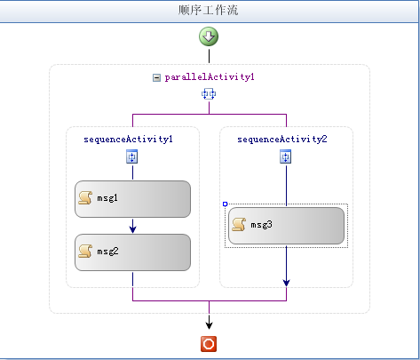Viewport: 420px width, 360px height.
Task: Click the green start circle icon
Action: [209, 36]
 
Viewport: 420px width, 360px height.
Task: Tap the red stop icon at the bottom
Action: [209, 344]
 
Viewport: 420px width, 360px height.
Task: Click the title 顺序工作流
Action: [208, 10]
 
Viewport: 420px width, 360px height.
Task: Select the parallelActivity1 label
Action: [210, 77]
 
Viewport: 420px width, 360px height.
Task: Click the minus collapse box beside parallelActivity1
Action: [156, 77]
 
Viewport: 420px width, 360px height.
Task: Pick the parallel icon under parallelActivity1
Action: [209, 94]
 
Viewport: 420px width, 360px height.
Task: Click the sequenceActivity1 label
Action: [128, 140]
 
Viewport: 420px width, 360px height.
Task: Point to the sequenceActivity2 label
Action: [282, 140]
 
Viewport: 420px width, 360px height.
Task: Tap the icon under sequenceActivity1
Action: [132, 156]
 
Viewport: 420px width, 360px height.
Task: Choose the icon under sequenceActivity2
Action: [286, 156]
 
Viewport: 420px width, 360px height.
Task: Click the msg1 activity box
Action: [132, 199]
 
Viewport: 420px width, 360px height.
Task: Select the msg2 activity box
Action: [132, 252]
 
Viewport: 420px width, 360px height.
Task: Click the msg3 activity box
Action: [286, 226]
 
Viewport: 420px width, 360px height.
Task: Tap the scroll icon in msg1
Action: [85, 198]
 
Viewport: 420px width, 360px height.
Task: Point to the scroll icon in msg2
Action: [85, 252]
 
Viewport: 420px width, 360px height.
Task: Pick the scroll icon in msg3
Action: [239, 225]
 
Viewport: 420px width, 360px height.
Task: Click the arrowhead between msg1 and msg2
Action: [133, 228]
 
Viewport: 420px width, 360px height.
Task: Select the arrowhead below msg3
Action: [286, 283]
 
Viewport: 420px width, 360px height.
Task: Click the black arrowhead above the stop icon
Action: [209, 324]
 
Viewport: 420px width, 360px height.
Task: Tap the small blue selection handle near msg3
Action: [225, 204]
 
